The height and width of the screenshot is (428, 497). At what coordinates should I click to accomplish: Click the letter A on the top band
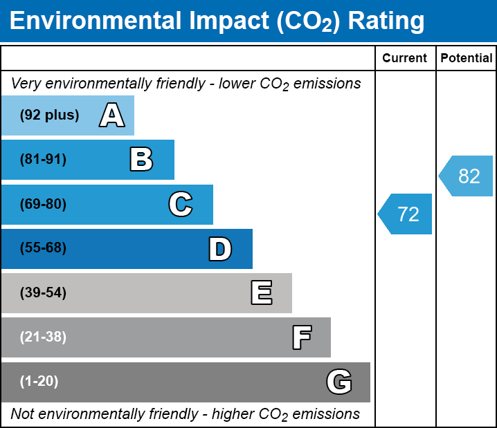(x=111, y=115)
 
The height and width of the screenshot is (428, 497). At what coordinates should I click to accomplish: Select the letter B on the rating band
(x=141, y=160)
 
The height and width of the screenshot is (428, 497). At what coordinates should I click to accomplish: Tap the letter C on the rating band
(x=180, y=205)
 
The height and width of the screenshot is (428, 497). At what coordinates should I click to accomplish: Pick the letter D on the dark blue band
(x=220, y=249)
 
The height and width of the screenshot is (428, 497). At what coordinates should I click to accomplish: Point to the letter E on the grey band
(x=261, y=293)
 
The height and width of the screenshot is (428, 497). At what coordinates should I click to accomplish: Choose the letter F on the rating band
(x=301, y=337)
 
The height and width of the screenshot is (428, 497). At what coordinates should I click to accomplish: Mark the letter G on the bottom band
(x=339, y=382)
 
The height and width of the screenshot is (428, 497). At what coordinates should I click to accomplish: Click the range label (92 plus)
(x=49, y=115)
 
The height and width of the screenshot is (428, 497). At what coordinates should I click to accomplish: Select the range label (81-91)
(x=43, y=160)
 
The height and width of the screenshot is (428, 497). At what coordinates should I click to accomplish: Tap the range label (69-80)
(x=43, y=205)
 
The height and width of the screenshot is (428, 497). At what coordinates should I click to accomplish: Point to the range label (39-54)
(x=43, y=293)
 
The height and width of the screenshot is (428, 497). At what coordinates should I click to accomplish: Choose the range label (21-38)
(x=43, y=337)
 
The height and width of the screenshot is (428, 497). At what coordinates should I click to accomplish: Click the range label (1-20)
(x=39, y=382)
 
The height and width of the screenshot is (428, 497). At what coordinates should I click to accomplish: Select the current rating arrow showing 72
(x=406, y=214)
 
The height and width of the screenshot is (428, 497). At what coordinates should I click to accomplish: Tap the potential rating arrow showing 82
(x=467, y=176)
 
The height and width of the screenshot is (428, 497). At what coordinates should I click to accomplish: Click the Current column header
(x=405, y=59)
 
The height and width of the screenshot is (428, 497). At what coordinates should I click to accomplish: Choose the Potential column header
(x=467, y=59)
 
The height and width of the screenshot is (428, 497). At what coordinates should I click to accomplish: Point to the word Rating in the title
(x=386, y=21)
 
